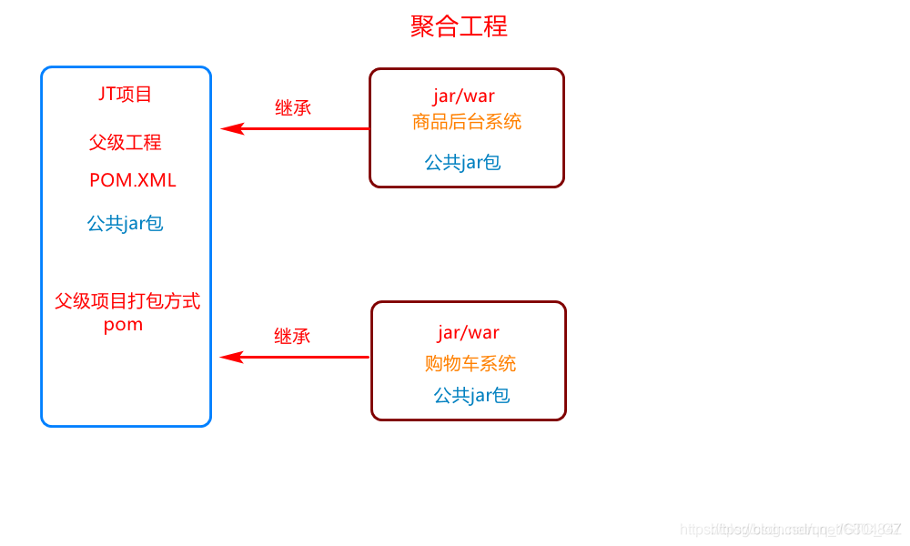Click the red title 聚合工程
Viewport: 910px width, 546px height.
tap(459, 26)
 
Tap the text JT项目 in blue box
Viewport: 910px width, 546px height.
tap(126, 94)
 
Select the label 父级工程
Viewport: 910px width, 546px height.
tap(126, 143)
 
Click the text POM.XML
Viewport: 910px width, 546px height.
tap(133, 180)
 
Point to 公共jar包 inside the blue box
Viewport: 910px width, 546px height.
tap(126, 223)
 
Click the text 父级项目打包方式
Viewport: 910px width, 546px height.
tap(127, 301)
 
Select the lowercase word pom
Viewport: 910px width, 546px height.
tap(123, 325)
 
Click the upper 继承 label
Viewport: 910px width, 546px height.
tap(293, 107)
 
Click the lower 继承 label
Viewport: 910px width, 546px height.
tap(292, 336)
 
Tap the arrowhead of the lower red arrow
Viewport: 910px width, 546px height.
tap(230, 357)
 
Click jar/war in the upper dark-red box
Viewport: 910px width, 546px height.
tap(464, 96)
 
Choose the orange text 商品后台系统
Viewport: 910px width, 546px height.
tap(467, 122)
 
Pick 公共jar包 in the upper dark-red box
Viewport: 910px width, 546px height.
tap(462, 163)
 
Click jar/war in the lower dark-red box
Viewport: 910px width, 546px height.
tap(469, 332)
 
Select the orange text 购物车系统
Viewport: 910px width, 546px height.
tap(470, 363)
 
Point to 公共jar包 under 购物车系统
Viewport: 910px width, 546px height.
tap(471, 396)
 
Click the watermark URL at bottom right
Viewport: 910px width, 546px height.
tap(790, 529)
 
